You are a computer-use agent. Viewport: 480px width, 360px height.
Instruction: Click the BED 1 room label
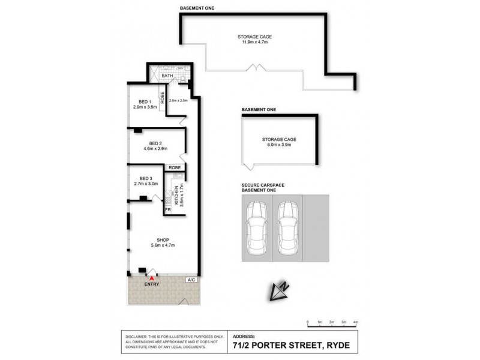click(143, 101)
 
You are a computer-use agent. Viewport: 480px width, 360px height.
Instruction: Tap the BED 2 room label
click(155, 143)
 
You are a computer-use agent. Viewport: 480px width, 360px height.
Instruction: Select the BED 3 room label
click(145, 178)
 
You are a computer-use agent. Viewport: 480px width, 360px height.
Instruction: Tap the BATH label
click(167, 76)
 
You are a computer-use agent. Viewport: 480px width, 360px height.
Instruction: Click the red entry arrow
click(152, 278)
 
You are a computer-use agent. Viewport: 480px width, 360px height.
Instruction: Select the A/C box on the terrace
click(191, 280)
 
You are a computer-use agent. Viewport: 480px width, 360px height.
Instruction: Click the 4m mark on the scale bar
click(356, 323)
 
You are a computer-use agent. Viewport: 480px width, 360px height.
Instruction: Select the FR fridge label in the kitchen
click(168, 209)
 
